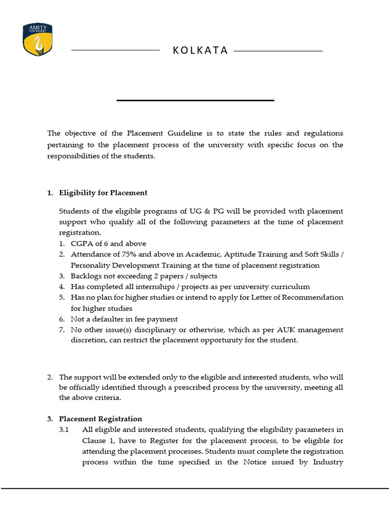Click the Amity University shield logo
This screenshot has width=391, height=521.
point(38,40)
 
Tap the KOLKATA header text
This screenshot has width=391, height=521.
point(200,51)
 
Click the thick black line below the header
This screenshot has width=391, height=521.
point(195,100)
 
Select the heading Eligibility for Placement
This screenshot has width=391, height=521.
point(103,193)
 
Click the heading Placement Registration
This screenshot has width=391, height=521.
point(100,419)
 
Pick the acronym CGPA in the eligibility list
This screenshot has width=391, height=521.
point(81,244)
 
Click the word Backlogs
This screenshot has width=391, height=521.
point(87,276)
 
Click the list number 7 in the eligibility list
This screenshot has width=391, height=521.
point(61,330)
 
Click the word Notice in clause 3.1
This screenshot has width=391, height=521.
point(255,462)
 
